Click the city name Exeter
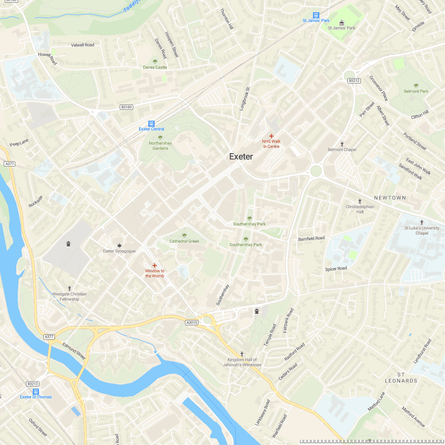241,156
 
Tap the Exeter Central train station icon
151,123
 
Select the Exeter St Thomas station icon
36,391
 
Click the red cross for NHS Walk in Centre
271,136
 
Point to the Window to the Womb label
155,273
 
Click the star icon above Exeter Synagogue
119,245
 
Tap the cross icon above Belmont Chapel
342,144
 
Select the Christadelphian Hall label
360,209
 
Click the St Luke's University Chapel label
422,231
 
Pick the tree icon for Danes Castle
155,62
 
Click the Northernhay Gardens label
160,146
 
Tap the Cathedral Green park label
184,241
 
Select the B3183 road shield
126,107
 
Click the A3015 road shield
192,323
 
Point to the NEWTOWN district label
390,198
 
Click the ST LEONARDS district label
401,378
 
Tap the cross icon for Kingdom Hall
242,354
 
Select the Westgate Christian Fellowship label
69,297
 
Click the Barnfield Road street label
311,238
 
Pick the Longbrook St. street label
245,99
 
